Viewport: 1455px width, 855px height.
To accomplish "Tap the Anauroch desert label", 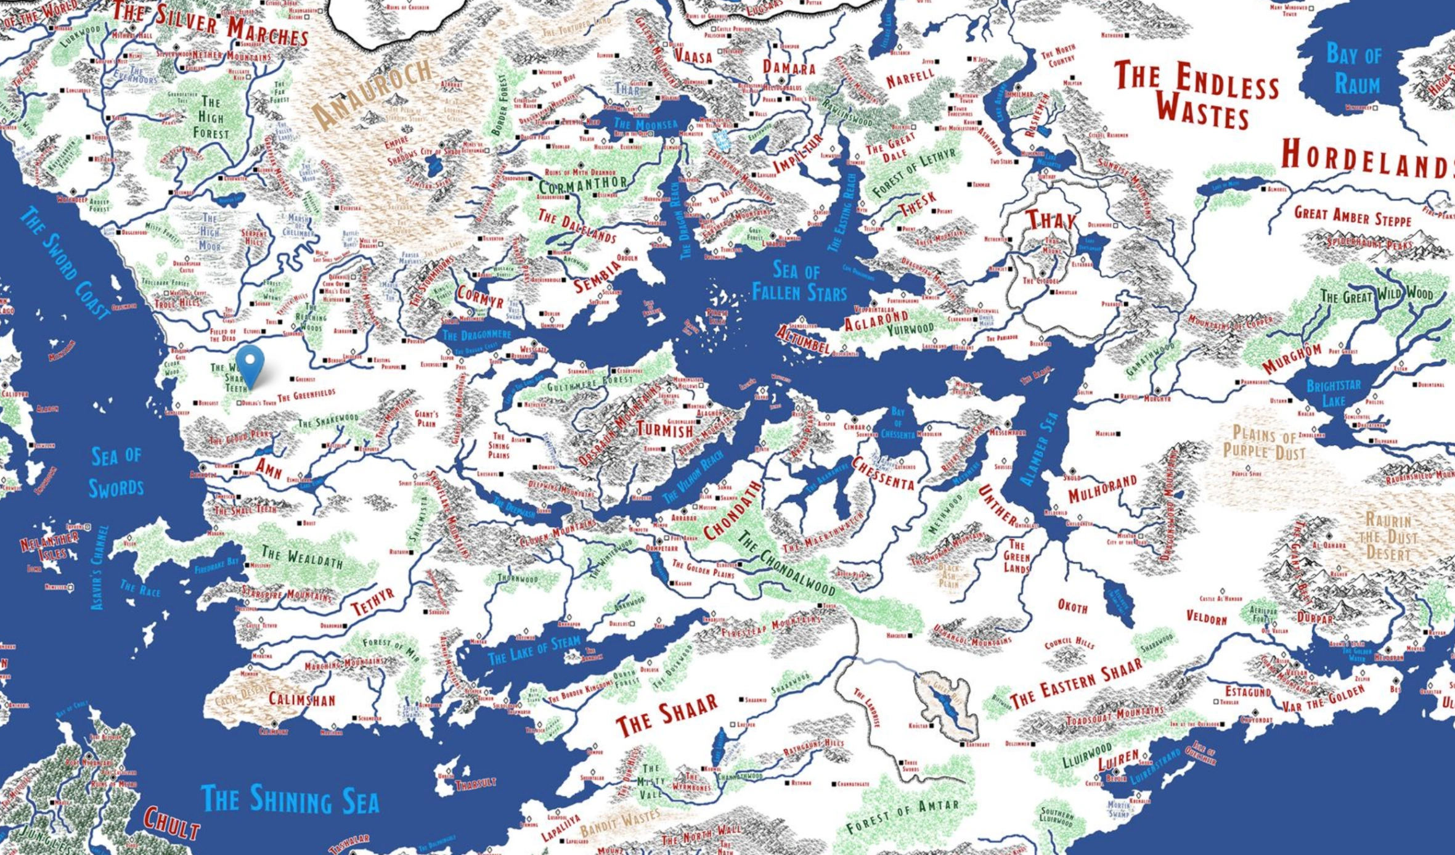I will point(372,93).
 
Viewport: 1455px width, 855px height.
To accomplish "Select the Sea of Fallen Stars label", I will point(799,282).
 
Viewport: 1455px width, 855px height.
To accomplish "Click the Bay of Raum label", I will point(1355,69).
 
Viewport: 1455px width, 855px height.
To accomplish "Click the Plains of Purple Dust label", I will point(1263,443).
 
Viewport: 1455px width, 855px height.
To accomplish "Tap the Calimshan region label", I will point(301,699).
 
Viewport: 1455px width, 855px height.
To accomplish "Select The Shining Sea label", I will point(290,800).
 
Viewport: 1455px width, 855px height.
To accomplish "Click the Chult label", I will point(171,824).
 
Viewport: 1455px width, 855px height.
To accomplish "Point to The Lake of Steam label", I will point(534,650).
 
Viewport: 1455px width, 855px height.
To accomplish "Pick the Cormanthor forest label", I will point(583,184).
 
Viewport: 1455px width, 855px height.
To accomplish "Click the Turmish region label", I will point(664,429).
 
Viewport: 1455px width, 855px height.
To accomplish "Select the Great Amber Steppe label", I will point(1352,216).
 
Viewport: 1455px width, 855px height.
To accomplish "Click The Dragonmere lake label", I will point(476,335).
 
